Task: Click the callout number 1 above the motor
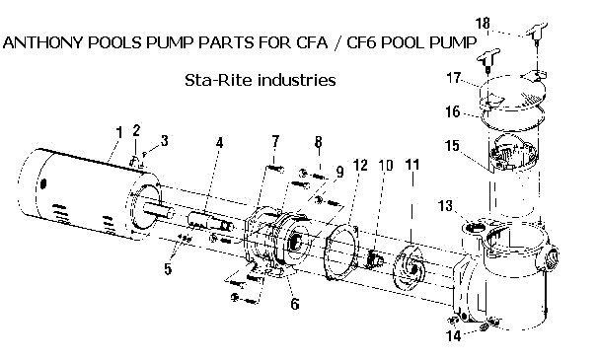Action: (119, 133)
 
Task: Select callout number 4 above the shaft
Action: (219, 143)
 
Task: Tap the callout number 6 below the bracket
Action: (295, 304)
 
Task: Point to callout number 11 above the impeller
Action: (412, 165)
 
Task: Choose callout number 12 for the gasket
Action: (360, 165)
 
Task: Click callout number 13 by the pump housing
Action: (445, 206)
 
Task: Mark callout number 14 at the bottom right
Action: (454, 335)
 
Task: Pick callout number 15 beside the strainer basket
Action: (452, 146)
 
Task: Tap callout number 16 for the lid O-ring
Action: (453, 112)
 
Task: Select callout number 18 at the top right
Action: (483, 24)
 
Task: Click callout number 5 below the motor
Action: (168, 269)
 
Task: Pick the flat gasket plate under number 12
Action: (342, 252)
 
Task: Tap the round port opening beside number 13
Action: (474, 228)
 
